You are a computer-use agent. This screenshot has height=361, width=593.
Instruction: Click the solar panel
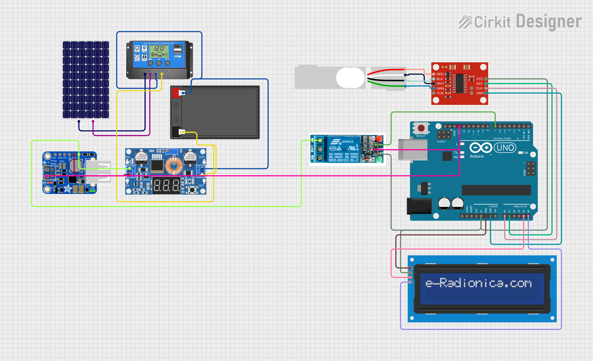(x=86, y=80)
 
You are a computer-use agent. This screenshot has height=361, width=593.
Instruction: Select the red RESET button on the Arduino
(x=421, y=128)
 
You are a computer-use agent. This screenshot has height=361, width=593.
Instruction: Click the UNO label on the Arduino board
(x=505, y=148)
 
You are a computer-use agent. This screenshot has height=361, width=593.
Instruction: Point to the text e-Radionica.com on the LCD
(x=479, y=283)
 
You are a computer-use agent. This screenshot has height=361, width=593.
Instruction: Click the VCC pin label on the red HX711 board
(x=479, y=79)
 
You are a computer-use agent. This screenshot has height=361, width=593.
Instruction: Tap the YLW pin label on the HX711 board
(x=440, y=93)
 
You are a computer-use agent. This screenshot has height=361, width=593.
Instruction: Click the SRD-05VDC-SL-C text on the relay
(x=343, y=160)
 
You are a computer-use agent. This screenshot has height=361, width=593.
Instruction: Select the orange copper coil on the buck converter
(x=174, y=166)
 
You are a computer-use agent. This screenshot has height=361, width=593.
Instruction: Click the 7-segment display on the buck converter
(x=166, y=185)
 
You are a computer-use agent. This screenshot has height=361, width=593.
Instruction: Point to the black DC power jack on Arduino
(x=419, y=206)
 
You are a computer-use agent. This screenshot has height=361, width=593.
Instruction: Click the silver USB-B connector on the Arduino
(x=412, y=149)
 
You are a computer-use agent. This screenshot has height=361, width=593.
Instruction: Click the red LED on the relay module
(x=379, y=139)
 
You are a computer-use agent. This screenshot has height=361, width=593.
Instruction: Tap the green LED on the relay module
(x=379, y=159)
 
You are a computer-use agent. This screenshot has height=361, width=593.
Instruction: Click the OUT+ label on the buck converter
(x=202, y=157)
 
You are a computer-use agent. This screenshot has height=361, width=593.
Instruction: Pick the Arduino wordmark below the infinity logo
(x=477, y=156)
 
